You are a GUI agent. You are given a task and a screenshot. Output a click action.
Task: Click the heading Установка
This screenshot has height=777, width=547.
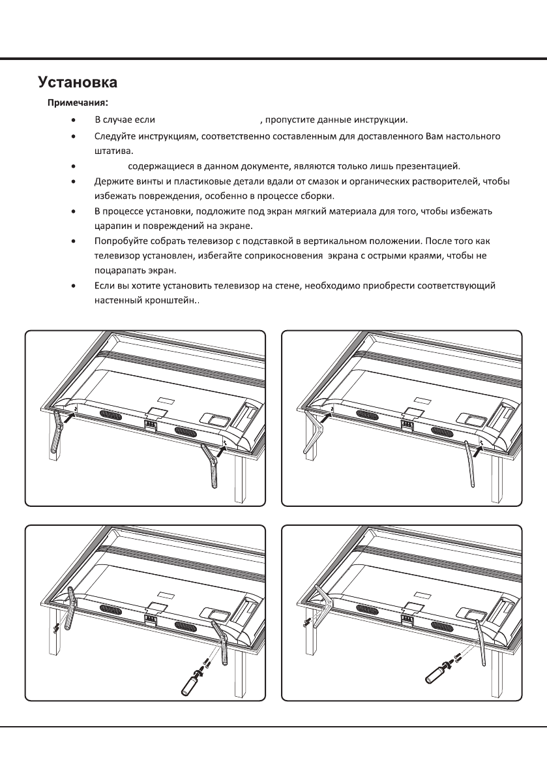click(x=78, y=83)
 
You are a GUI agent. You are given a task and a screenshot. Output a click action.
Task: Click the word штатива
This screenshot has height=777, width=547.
click(x=111, y=150)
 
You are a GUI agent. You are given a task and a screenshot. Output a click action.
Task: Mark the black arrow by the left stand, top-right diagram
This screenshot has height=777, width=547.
click(x=324, y=414)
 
